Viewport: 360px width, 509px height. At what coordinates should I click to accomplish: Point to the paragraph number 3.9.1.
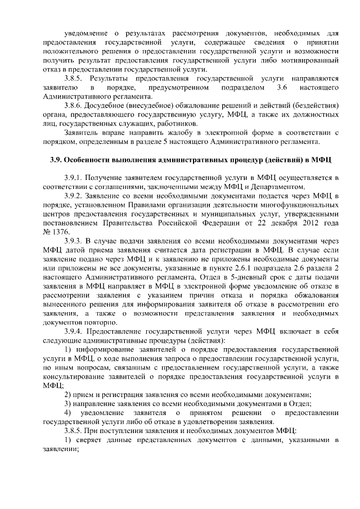pos(75,177)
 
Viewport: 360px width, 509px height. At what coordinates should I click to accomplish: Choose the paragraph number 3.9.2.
pos(75,196)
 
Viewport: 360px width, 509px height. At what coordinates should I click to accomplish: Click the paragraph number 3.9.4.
pos(75,331)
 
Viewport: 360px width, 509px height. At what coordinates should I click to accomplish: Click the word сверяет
pos(89,439)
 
